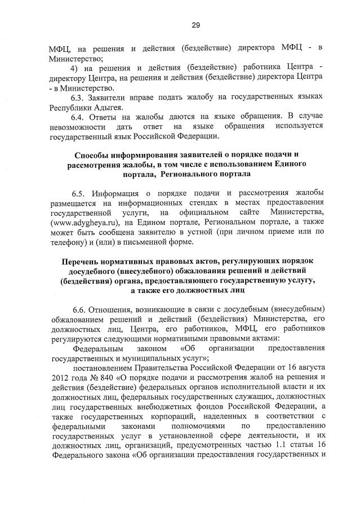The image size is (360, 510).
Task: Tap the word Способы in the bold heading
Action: pyautogui.click(x=93, y=155)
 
